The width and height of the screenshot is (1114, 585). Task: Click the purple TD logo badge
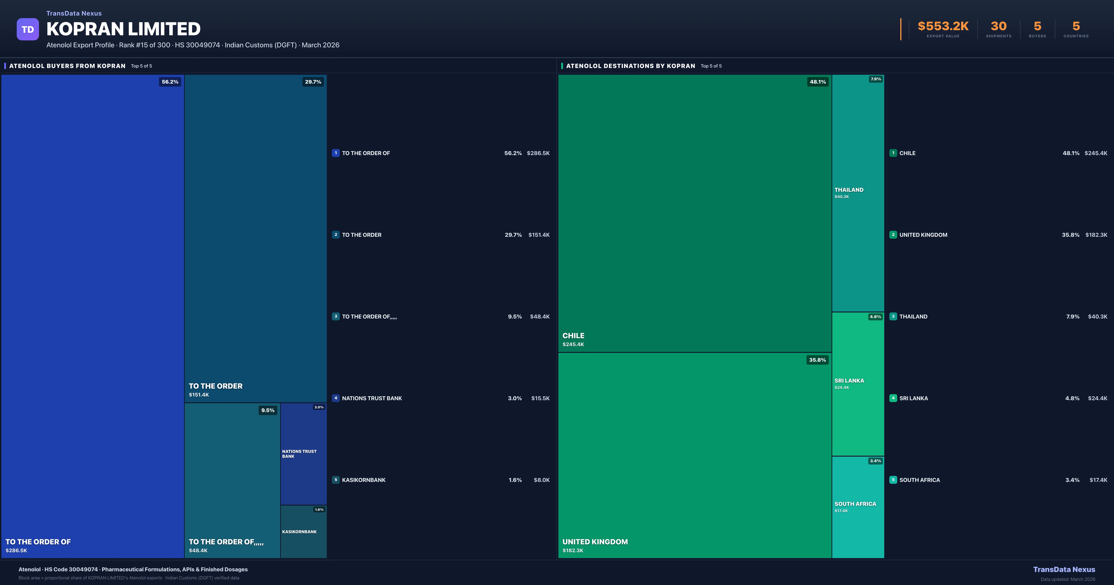[28, 29]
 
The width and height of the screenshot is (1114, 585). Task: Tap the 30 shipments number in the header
[998, 26]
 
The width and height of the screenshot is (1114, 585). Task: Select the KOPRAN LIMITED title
[123, 29]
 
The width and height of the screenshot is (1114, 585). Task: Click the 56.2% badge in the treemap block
[170, 82]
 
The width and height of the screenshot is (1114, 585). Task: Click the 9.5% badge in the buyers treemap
[268, 410]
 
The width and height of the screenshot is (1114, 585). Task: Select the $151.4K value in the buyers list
[539, 235]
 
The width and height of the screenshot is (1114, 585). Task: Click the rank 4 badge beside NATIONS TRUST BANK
[336, 398]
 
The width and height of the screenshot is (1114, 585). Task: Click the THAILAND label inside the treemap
[848, 190]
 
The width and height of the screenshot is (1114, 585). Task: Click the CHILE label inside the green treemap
[573, 336]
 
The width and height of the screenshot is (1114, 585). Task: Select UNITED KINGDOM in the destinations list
[923, 235]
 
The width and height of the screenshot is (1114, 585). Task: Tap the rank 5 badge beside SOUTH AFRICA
[893, 480]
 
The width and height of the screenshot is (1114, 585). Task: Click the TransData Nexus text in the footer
[1064, 569]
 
